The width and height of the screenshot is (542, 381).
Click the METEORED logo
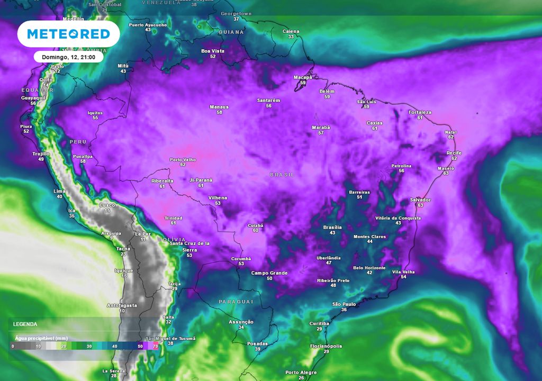coord(68,34)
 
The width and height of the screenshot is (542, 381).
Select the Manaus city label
coord(219,107)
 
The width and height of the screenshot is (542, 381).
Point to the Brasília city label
coord(332,227)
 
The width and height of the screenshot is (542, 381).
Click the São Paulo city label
coord(344,304)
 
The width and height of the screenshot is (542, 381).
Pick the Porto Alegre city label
coord(301,373)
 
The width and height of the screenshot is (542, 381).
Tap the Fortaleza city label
coord(420,112)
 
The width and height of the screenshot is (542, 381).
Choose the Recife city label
coord(454,153)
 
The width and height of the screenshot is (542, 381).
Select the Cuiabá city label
coord(256,225)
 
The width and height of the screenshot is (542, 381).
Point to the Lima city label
coord(59,191)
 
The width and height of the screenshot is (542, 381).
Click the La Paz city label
coord(142,233)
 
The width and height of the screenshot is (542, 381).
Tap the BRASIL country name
coord(282,175)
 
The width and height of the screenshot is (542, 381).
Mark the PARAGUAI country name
coord(236,301)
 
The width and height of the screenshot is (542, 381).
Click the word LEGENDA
coord(25,324)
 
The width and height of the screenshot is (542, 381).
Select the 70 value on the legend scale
coord(155,346)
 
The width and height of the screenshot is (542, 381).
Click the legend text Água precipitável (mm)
coord(41,338)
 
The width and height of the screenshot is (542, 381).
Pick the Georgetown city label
coord(236,13)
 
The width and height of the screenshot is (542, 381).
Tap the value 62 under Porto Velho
coord(183,165)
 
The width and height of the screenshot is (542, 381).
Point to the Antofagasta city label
coord(122,305)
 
